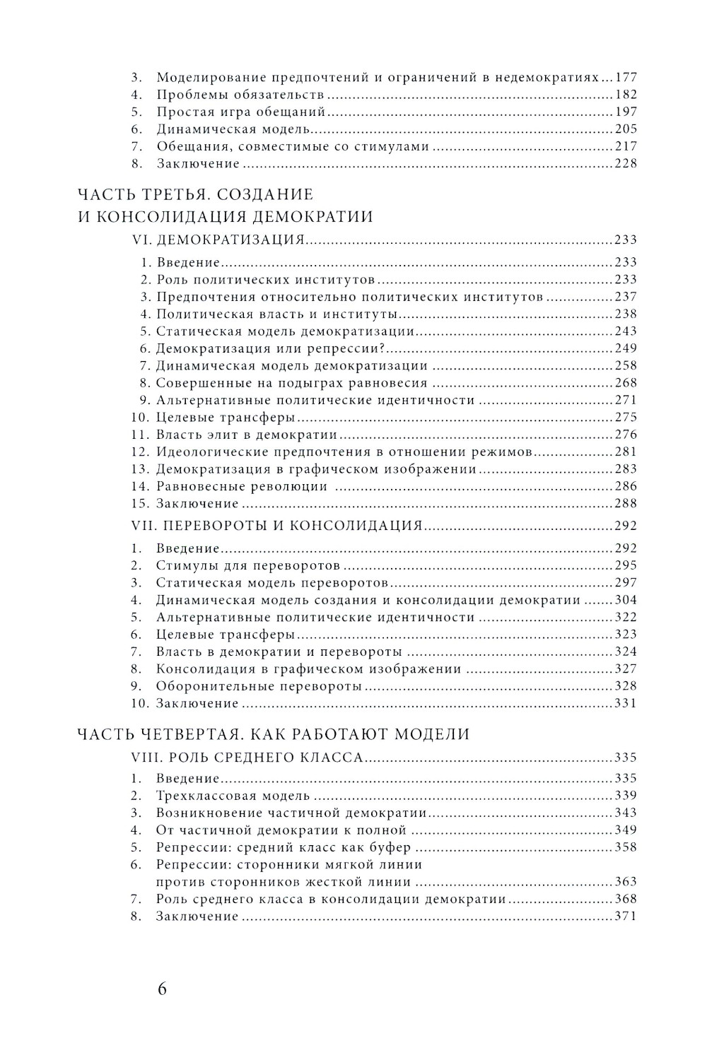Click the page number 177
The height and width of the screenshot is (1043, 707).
[626, 77]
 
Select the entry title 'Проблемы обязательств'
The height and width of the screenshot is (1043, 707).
[240, 95]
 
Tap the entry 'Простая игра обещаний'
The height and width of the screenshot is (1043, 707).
[240, 112]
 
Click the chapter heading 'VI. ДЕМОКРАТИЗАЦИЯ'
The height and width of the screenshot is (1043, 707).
[218, 240]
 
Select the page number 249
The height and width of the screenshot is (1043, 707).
[626, 348]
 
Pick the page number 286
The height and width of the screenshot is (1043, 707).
[626, 486]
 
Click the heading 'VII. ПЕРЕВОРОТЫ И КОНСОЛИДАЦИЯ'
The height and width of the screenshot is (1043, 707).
[277, 526]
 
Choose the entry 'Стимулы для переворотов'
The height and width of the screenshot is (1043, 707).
[248, 565]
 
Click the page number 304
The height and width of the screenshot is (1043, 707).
[626, 600]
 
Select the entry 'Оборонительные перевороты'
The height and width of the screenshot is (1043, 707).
[259, 686]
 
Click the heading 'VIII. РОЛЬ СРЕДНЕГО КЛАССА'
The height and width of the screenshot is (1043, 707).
[247, 758]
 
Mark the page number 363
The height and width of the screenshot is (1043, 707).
[626, 882]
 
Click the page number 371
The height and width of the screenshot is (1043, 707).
[626, 917]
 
